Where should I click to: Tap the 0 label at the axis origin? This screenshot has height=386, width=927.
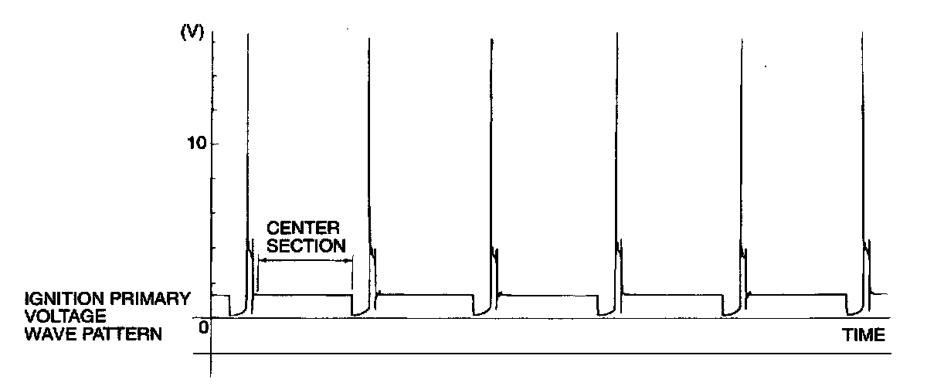204,327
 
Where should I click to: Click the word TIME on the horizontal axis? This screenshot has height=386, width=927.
863,336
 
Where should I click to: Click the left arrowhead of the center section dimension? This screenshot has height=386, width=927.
261,262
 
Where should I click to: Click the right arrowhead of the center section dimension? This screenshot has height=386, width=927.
349,262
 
